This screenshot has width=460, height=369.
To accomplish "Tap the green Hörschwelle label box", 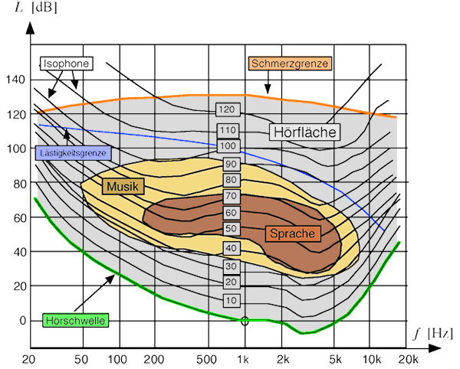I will coord(75,320).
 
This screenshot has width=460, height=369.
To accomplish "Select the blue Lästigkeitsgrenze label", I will coord(74,153).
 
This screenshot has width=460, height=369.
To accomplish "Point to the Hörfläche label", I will coord(305,132).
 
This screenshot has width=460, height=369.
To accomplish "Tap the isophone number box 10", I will coord(232,299).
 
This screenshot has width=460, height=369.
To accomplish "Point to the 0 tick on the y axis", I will coord(22,320).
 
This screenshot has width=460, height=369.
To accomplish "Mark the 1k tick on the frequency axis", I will coord(244,358).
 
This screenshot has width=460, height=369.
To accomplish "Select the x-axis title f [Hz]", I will coord(433,335).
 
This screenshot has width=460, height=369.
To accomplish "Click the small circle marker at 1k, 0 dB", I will coord(245,321).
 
